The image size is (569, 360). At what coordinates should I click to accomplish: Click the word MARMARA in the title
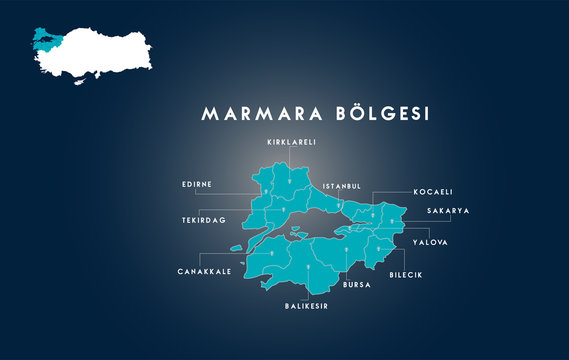pyautogui.click(x=257, y=114)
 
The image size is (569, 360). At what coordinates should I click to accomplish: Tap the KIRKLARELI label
pyautogui.click(x=291, y=143)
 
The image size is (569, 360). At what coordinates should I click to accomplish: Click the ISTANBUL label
pyautogui.click(x=341, y=186)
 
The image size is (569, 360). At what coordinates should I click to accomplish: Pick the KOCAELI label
pyautogui.click(x=433, y=191)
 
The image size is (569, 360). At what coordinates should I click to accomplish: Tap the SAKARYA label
pyautogui.click(x=447, y=211)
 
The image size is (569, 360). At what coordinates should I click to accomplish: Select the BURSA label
pyautogui.click(x=356, y=285)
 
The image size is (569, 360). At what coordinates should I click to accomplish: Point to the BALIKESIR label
pyautogui.click(x=306, y=306)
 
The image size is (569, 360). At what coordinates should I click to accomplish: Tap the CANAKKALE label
pyautogui.click(x=205, y=271)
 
